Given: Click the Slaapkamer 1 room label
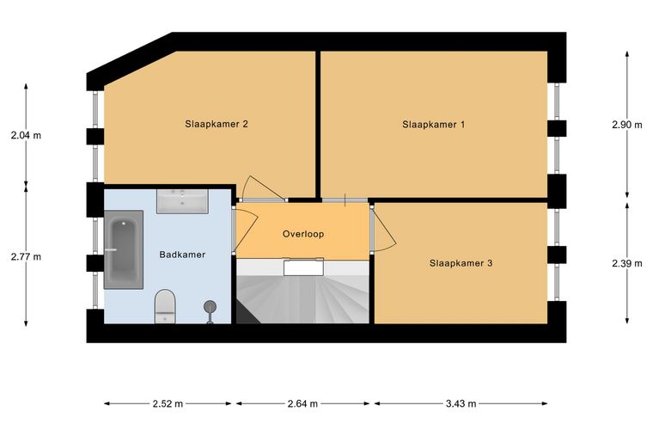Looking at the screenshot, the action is point(434,125).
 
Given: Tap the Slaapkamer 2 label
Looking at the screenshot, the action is point(217,124).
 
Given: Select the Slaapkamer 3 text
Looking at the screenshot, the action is point(461,263).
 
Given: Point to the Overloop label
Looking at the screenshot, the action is point(303,234).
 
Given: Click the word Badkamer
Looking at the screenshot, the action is point(182,255).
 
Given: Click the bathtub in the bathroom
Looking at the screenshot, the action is point(124,249).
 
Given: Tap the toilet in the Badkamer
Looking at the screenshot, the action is point(165,307).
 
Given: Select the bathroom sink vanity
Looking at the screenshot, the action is point(182,201).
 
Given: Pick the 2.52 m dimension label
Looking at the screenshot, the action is point(168,403).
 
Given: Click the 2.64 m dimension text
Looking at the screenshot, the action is point(302,403).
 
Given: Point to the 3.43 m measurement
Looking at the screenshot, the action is point(461,403).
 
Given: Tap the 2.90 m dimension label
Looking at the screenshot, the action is point(627,125).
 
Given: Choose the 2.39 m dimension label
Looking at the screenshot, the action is point(627,263).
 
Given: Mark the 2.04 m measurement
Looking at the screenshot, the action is point(27,135).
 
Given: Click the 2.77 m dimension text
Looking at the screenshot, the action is point(27,256).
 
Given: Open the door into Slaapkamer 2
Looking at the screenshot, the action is point(262,188).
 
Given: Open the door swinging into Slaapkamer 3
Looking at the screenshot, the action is point(383,229).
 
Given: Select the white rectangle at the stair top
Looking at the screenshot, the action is point(303,267).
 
